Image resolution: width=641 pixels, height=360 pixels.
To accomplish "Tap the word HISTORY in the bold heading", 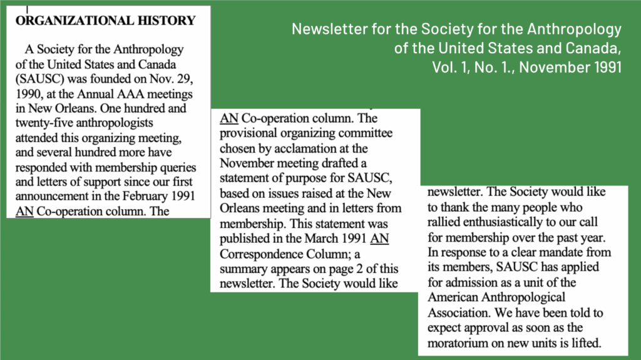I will [x=172, y=21].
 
